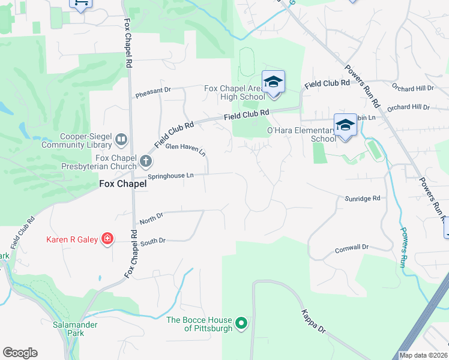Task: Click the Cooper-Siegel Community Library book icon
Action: (121, 140)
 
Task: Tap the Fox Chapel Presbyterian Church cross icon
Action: (146, 161)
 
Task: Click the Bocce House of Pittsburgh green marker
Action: (241, 323)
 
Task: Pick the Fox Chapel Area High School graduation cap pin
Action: (273, 82)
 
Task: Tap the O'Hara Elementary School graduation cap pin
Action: (345, 125)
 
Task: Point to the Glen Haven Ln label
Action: (185, 148)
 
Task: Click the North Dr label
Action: (151, 218)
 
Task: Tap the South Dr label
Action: (152, 241)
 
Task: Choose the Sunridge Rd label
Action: (363, 198)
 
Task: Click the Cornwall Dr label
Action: (351, 247)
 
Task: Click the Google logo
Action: (20, 353)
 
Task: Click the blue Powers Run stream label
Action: (403, 246)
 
